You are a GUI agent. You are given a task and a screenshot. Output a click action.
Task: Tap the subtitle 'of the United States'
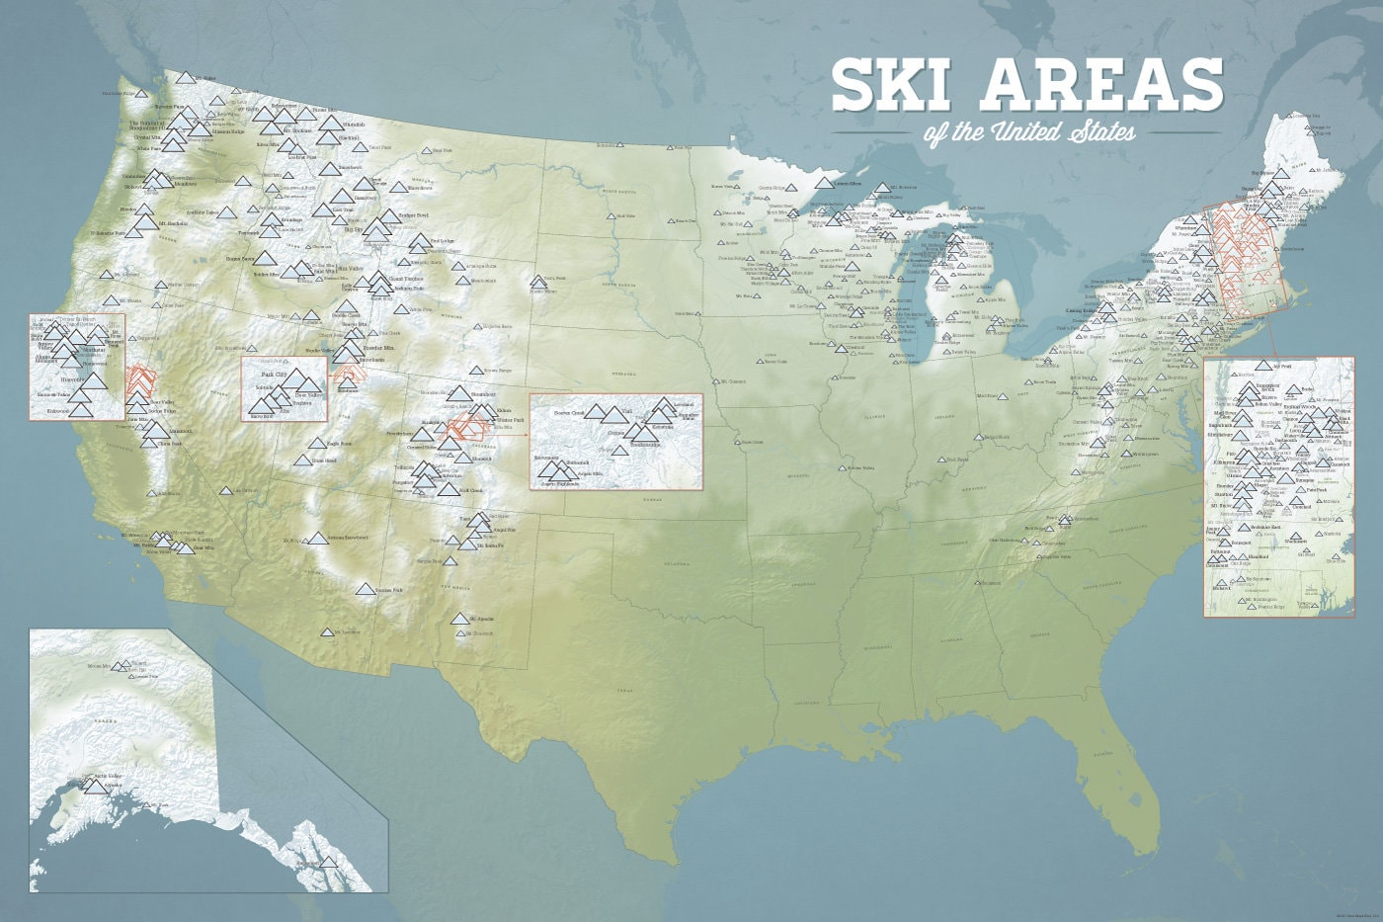click(1028, 130)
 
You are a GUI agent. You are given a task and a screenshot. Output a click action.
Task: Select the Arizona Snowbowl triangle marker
click(317, 539)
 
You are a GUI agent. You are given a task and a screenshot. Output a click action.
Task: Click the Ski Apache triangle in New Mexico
click(459, 619)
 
